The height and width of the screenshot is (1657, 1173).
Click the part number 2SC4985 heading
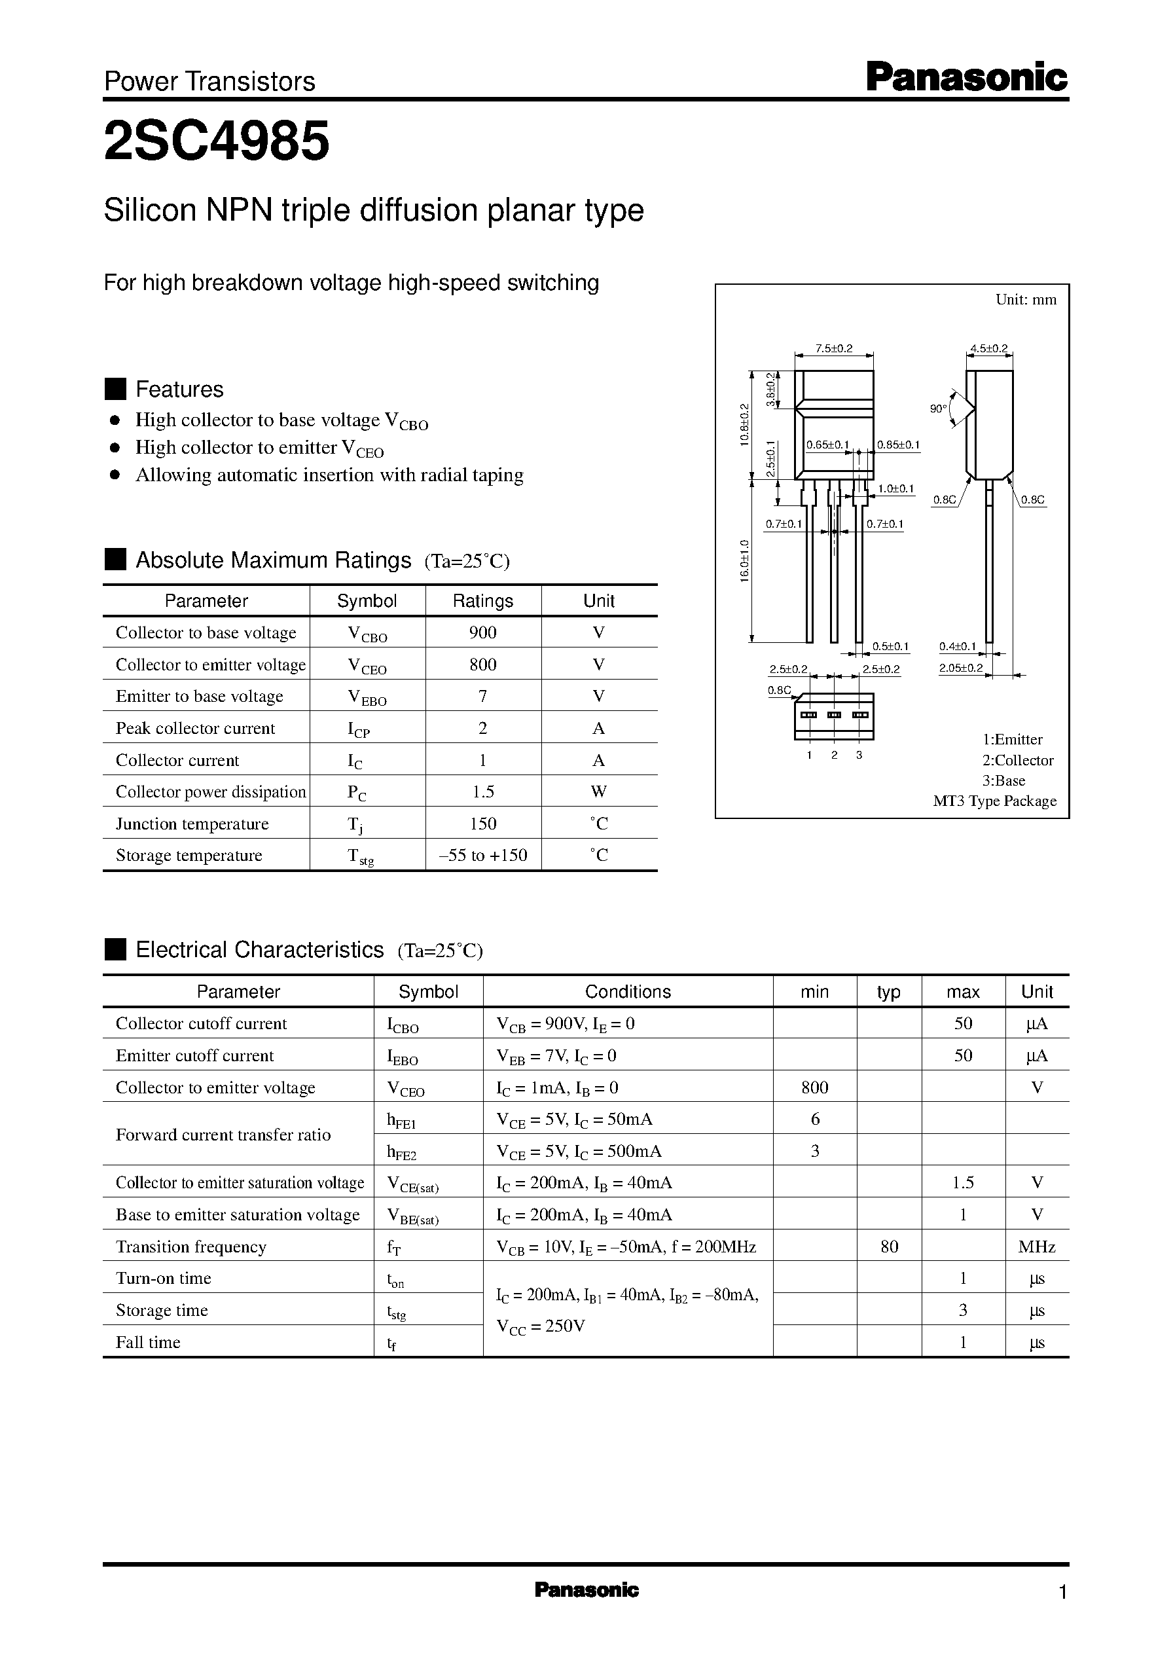(217, 141)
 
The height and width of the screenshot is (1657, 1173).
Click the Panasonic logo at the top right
(966, 78)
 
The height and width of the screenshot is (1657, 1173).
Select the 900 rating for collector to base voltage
(482, 633)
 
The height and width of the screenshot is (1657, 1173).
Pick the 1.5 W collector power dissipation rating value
(482, 792)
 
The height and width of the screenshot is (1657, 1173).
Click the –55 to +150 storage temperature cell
(482, 855)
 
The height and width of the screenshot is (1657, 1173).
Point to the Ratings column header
(482, 601)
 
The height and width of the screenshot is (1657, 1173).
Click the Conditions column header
(627, 992)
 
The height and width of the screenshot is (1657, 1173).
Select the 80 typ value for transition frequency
(889, 1247)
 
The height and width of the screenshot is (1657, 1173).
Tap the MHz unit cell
(1036, 1247)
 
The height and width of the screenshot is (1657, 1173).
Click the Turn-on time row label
(163, 1279)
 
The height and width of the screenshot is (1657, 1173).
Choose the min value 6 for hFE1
(815, 1120)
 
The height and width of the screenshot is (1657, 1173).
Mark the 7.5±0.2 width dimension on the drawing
(833, 349)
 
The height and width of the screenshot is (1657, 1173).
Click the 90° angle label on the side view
(938, 409)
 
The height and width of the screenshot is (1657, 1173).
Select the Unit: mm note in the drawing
(1026, 300)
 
